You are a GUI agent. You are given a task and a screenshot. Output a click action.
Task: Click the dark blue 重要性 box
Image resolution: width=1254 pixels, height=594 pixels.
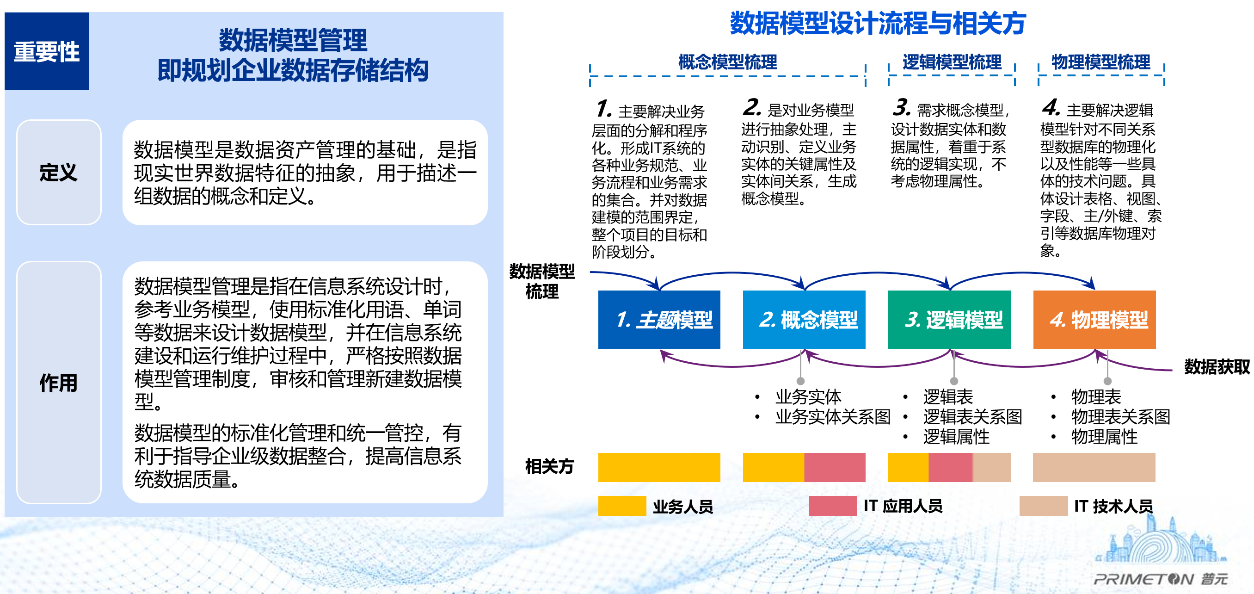(x=47, y=51)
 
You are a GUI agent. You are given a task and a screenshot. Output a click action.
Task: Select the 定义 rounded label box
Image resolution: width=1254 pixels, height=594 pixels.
(x=59, y=173)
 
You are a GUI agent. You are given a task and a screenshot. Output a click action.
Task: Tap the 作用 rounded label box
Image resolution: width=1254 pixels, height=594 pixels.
(x=59, y=383)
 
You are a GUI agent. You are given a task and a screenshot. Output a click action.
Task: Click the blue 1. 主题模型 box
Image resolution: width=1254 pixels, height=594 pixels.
(x=659, y=320)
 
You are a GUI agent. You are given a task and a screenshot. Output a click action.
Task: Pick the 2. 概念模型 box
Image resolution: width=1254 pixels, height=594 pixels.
(x=804, y=320)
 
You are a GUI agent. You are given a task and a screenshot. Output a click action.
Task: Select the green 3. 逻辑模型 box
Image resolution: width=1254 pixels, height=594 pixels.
(x=949, y=320)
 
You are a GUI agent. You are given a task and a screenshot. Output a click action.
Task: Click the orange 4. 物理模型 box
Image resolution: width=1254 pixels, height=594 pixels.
(x=1094, y=320)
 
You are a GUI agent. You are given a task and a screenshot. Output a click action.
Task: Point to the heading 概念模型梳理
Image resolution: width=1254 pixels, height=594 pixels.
(x=727, y=62)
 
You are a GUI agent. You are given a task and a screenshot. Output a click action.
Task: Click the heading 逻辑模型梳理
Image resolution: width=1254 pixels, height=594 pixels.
(x=952, y=62)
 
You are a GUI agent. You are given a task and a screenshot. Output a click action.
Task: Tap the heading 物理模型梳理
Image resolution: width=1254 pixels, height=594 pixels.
(x=1100, y=62)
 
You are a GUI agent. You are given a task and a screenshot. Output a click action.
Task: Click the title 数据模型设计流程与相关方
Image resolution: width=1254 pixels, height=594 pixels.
(x=878, y=24)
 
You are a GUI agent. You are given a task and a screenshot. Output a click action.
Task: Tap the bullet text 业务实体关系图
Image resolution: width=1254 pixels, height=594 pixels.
(x=832, y=417)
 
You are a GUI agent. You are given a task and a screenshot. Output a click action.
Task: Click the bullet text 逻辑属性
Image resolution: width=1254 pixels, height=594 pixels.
(x=956, y=437)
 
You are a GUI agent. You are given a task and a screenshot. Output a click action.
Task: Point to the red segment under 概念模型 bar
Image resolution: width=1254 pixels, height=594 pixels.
(x=834, y=467)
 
